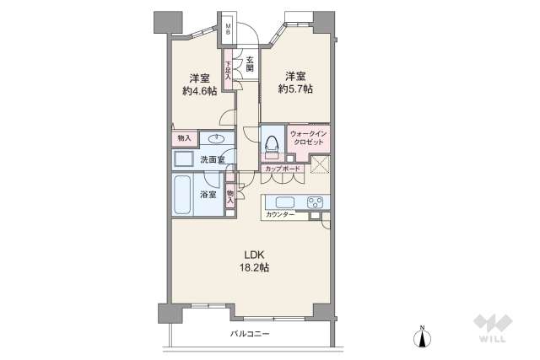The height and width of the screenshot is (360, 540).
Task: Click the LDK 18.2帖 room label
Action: (x=254, y=261)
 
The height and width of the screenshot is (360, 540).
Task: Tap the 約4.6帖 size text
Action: (x=199, y=91)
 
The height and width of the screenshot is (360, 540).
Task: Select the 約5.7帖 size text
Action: (x=295, y=89)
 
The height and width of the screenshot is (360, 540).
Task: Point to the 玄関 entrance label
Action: (x=250, y=64)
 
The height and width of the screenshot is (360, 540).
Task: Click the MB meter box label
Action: (x=228, y=29)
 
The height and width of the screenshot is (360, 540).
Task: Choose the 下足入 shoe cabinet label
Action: (x=228, y=71)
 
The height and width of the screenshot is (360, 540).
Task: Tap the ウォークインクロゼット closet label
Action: (x=308, y=137)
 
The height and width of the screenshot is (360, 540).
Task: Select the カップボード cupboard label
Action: (x=283, y=169)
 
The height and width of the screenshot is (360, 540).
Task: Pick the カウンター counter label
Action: (x=280, y=215)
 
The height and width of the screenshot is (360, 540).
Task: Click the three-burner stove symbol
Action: (x=315, y=202)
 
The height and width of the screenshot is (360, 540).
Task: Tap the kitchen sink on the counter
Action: (x=285, y=202)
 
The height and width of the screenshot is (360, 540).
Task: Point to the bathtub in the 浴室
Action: (x=182, y=195)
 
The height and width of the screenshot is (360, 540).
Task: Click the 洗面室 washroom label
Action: (x=213, y=159)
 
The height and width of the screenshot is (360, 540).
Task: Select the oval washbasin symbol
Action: (x=216, y=139)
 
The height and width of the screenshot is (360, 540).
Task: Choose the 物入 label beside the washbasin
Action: (x=184, y=138)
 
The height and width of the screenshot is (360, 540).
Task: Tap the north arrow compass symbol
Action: (x=422, y=336)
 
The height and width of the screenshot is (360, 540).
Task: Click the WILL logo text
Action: (x=493, y=339)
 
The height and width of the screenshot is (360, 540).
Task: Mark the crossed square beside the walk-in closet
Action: (x=321, y=164)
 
